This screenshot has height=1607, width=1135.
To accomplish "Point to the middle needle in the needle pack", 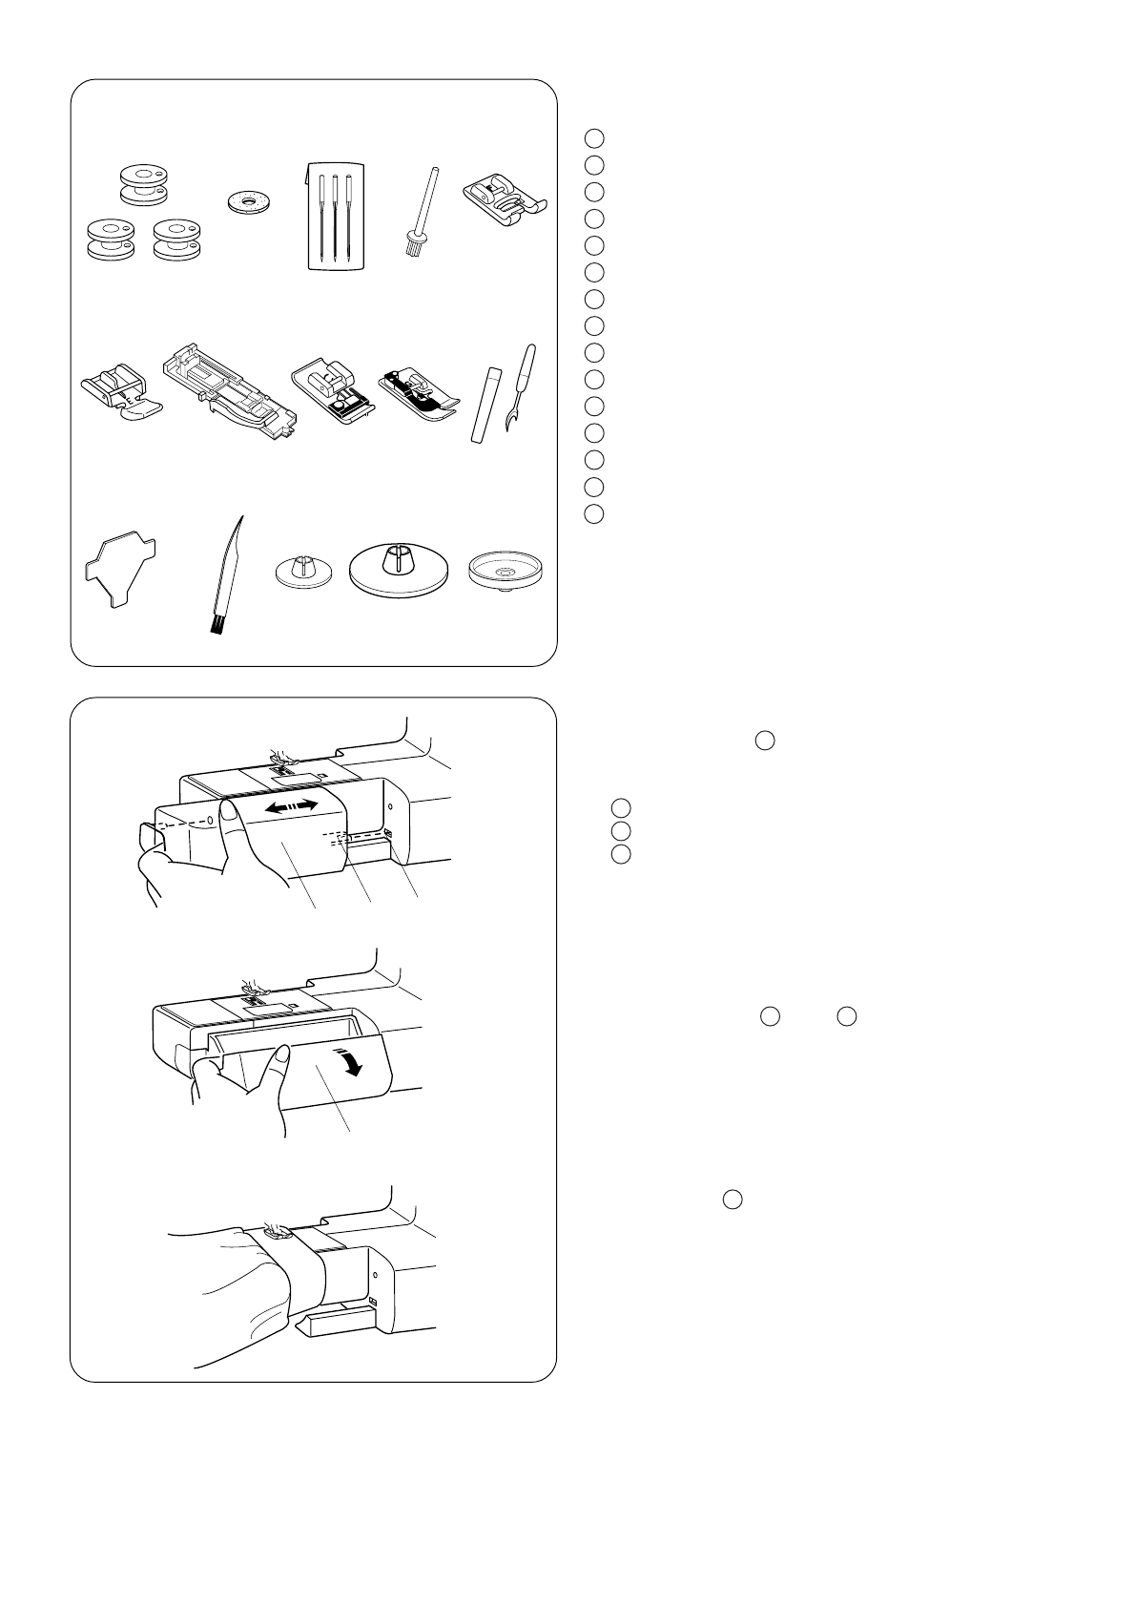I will [x=335, y=216].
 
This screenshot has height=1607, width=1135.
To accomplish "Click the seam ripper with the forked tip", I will [x=519, y=387].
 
